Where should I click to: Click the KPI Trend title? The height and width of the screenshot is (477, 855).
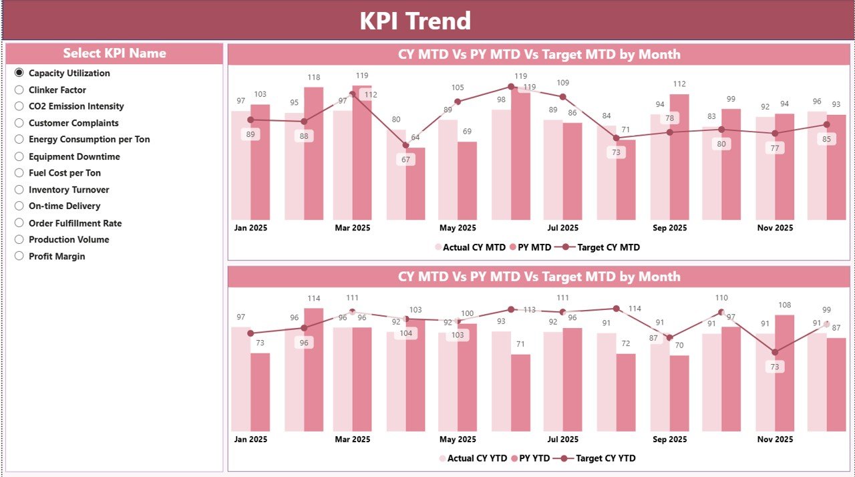[415, 21]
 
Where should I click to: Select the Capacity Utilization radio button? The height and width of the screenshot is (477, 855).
[19, 73]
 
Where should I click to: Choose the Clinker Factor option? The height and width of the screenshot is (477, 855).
[19, 90]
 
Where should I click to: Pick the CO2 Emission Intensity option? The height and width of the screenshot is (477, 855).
[19, 106]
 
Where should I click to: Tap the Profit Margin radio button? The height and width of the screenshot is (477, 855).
[19, 256]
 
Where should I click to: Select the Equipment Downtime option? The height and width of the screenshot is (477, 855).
[19, 156]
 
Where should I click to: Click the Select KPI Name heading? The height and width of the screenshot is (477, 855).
[114, 53]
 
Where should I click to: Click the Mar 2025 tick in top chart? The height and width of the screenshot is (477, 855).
[352, 228]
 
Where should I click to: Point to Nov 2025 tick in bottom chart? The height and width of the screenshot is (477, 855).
[775, 439]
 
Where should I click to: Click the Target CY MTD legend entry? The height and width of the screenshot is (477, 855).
[601, 247]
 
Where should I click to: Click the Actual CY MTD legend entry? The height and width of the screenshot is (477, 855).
[470, 247]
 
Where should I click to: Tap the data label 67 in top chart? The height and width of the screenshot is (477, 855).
[405, 160]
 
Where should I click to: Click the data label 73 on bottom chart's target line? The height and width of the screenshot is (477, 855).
[775, 367]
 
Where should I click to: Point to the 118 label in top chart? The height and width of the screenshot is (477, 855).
[314, 77]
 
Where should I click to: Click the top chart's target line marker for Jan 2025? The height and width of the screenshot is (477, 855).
[250, 120]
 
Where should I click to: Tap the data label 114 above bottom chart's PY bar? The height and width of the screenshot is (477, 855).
[314, 299]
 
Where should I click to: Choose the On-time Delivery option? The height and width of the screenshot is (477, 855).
[19, 206]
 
